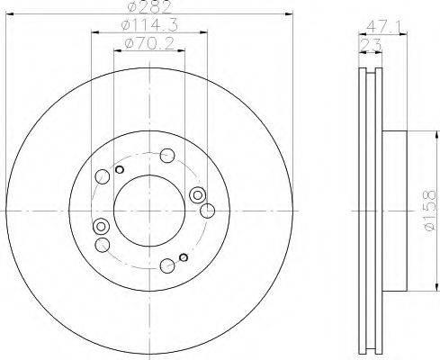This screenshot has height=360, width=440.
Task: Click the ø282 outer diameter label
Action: (x=149, y=7)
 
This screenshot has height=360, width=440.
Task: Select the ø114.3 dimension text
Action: (x=149, y=25)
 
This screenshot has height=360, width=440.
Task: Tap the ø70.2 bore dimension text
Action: (x=149, y=44)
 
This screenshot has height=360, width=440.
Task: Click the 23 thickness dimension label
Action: (x=371, y=46)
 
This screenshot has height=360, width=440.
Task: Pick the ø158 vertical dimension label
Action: (x=430, y=211)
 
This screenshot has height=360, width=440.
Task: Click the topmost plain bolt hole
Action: (x=167, y=156)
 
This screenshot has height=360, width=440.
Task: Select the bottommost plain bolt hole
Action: (x=167, y=265)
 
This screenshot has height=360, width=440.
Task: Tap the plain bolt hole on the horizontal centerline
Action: (x=207, y=211)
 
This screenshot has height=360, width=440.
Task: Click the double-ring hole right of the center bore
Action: (x=197, y=195)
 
